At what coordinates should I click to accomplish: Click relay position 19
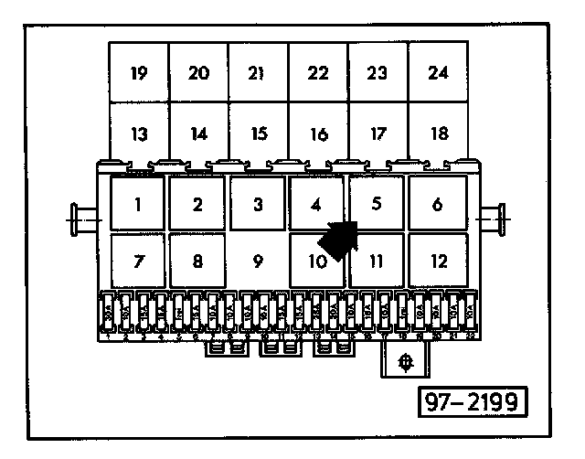139,72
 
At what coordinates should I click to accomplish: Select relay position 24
438,72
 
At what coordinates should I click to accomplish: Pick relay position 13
139,133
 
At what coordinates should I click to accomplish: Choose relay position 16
318,133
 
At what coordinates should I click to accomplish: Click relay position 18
438,133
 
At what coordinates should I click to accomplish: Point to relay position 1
137,203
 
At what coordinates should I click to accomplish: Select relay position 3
258,203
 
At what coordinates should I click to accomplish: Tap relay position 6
437,203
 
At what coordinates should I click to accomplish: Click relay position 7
137,261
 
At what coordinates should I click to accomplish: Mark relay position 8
197,261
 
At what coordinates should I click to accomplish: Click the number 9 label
259,262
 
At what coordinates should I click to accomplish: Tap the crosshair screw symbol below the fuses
406,362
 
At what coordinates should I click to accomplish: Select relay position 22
318,72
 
